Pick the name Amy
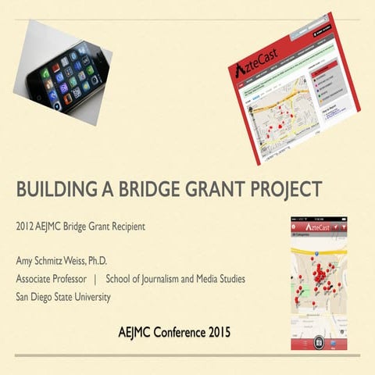pyautogui.click(x=25, y=259)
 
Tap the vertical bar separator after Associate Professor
pyautogui.click(x=95, y=278)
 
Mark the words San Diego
pyautogui.click(x=35, y=297)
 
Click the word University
pyautogui.click(x=92, y=297)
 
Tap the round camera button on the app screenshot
pyautogui.click(x=318, y=344)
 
